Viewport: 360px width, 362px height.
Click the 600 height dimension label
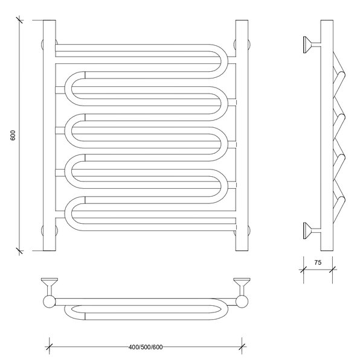13,135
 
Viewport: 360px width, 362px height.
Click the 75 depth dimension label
318,262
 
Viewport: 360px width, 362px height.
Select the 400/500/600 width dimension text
146,347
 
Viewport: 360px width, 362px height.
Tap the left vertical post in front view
49,136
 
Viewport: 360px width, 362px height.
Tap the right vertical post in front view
242,136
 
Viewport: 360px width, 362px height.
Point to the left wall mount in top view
49,286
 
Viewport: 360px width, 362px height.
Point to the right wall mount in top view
242,286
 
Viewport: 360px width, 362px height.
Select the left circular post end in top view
49,302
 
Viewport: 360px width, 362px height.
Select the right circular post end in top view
242,302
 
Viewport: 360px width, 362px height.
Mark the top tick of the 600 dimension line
19,20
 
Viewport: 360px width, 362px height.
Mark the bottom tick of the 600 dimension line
19,251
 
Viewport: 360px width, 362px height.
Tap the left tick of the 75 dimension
303,269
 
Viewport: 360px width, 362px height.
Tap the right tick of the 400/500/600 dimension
242,347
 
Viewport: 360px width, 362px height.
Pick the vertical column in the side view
327,136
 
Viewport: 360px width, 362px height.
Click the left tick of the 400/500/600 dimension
50,347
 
